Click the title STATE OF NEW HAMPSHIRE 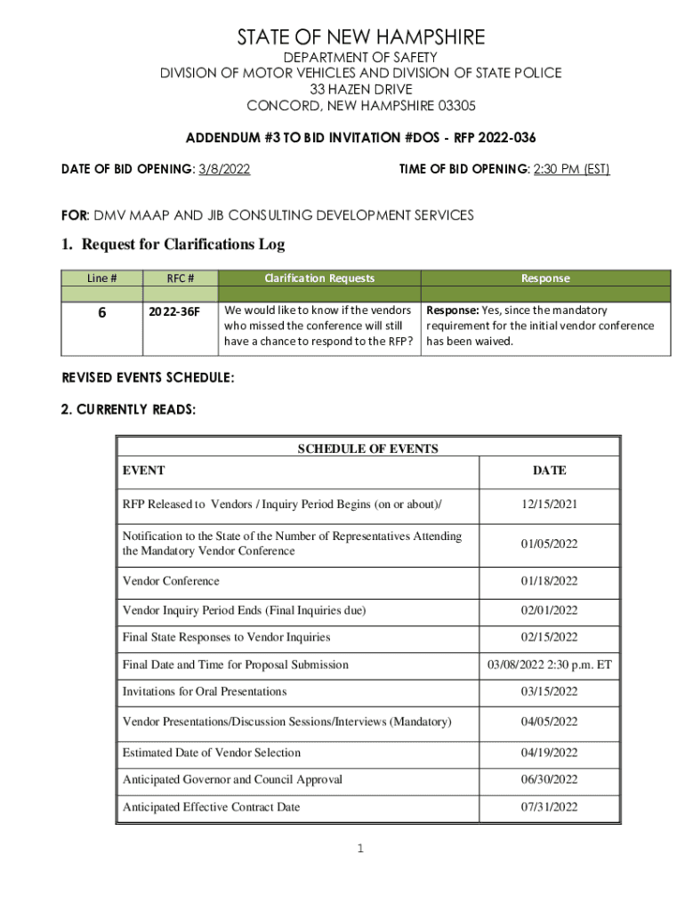(360, 37)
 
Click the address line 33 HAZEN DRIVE (360, 90)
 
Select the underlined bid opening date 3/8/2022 (222, 168)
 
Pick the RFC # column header (181, 278)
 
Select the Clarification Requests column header (319, 278)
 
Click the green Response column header (545, 278)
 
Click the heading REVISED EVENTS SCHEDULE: (148, 378)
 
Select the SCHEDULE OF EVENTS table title (367, 449)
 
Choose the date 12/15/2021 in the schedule (549, 504)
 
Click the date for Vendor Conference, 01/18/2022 (549, 581)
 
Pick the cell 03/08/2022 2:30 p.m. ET (549, 665)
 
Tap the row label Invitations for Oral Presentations (205, 691)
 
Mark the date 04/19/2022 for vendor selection (549, 753)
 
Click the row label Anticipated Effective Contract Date (211, 807)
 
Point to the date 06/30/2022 (549, 779)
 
